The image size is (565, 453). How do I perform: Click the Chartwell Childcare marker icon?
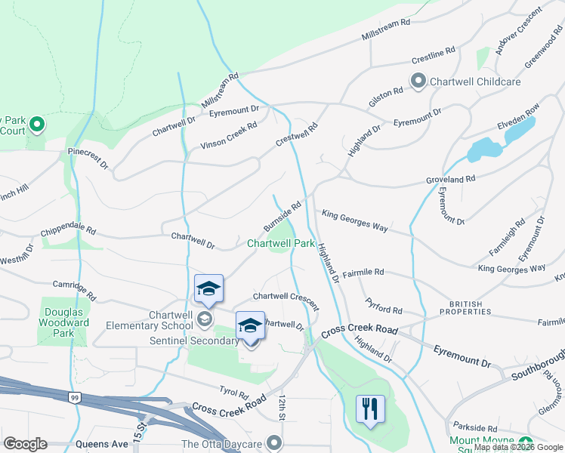(418, 81)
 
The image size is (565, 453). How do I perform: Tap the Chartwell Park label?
(281, 244)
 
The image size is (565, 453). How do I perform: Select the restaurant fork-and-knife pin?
(370, 409)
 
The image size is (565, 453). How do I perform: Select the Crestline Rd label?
(434, 55)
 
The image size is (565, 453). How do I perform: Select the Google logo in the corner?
(25, 444)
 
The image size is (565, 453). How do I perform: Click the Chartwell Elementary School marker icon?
(204, 321)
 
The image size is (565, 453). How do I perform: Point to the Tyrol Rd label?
(233, 394)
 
